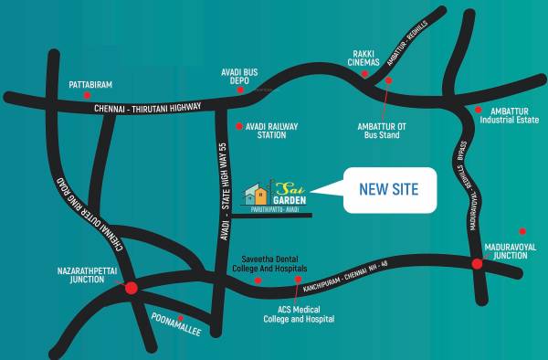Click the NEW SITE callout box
(x=388, y=189)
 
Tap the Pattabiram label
(x=90, y=84)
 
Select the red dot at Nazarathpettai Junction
(x=131, y=288)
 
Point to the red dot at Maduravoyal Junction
(x=477, y=264)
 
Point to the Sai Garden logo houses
(x=255, y=193)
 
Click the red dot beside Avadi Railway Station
(x=238, y=126)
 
